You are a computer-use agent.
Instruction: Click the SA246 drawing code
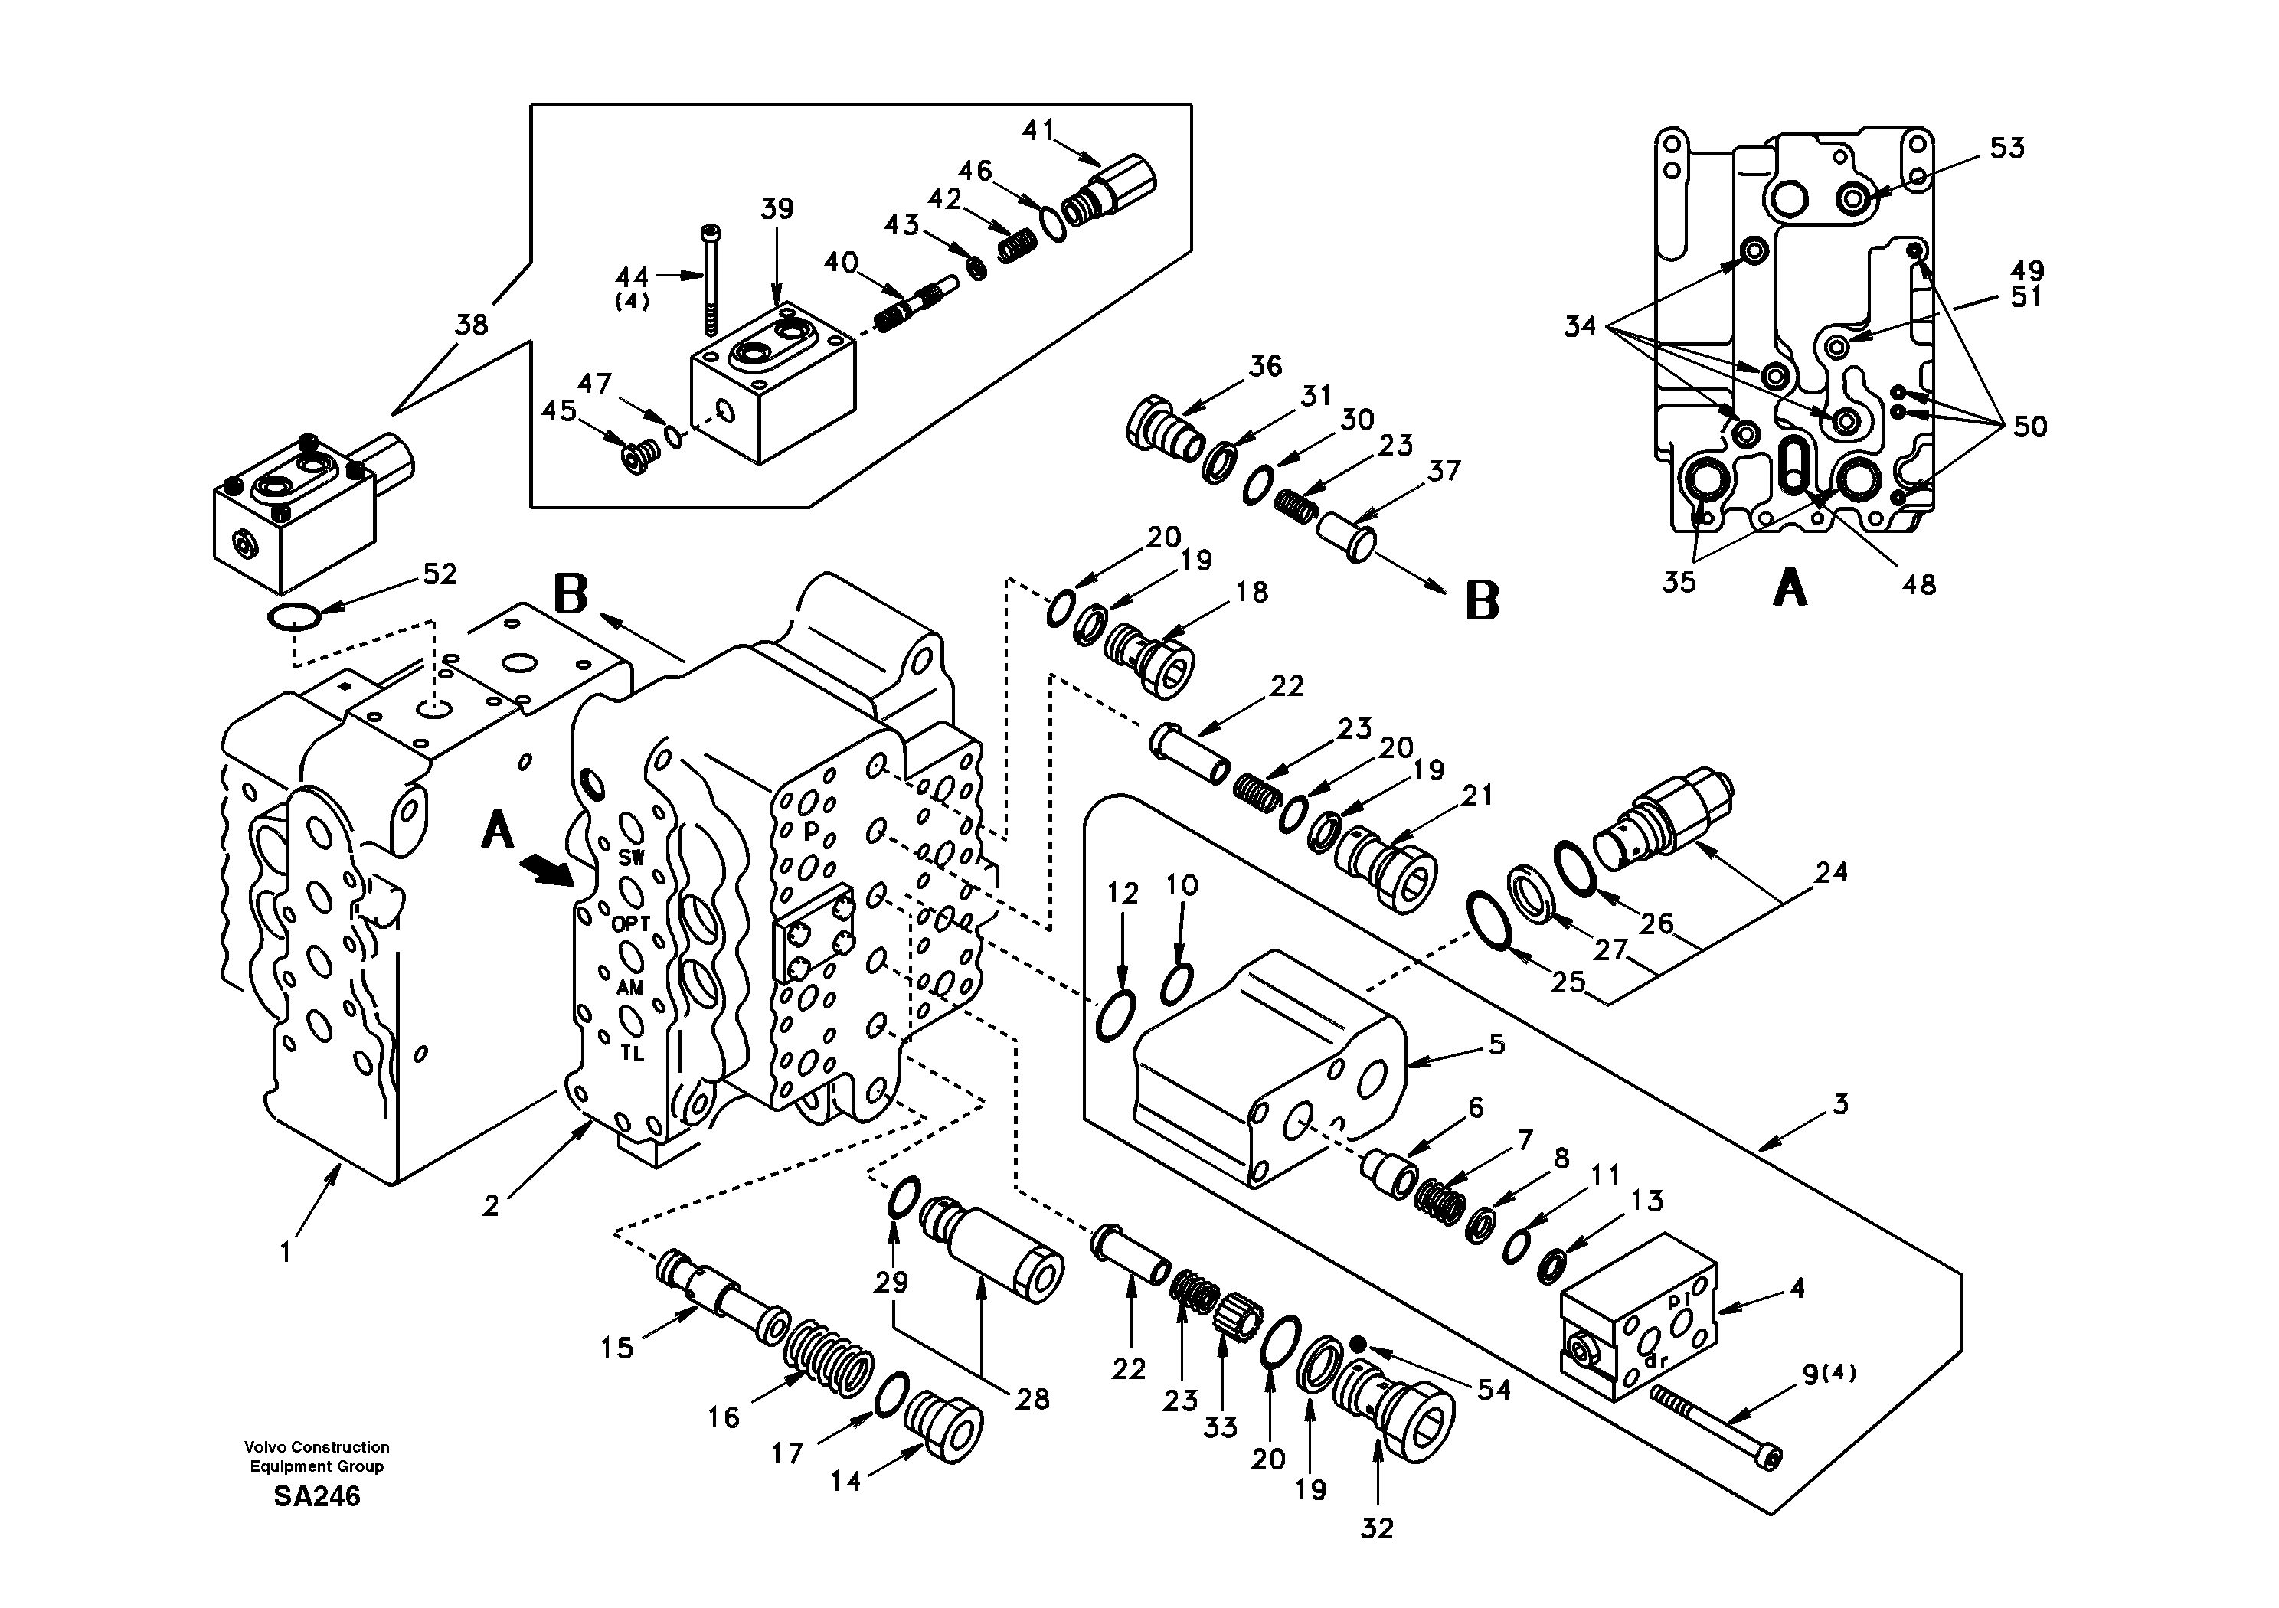coord(316,1496)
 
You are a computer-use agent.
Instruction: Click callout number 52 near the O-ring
coord(439,574)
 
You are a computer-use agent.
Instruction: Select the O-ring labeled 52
coord(294,619)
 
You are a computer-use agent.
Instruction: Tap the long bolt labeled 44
coord(710,278)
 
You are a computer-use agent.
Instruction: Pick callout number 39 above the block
coord(777,210)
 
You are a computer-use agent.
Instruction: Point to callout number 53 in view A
coord(2006,148)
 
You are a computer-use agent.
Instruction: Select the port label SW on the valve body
coord(631,858)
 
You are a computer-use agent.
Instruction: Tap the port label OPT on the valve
coord(630,923)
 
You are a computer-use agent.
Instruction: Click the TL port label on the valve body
coord(633,1054)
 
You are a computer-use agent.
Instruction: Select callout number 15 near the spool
coord(616,1347)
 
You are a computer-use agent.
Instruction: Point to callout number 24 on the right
coord(1830,871)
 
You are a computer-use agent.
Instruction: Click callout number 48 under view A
coord(1918,585)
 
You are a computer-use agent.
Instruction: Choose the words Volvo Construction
coord(316,1447)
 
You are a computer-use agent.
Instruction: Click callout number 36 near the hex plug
coord(1264,366)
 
